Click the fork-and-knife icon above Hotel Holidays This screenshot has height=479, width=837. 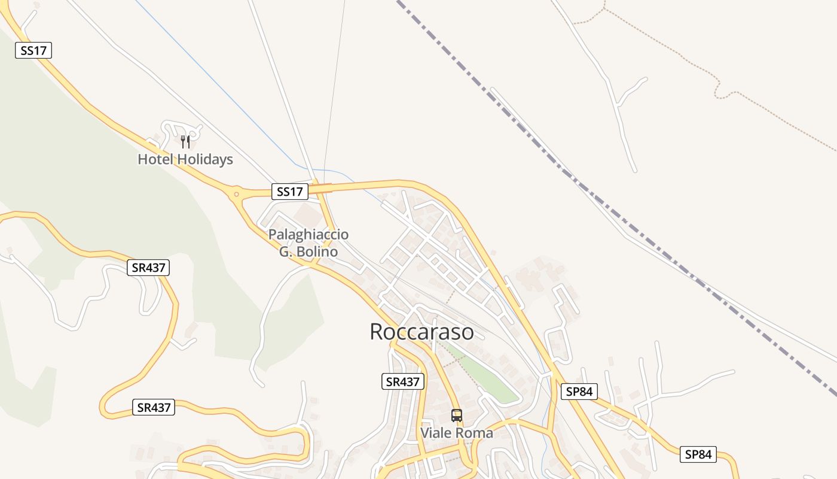coord(185,142)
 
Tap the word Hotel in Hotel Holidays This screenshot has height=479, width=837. coord(155,160)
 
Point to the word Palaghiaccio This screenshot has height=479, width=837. coord(308,234)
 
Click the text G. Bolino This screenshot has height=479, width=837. coord(308,251)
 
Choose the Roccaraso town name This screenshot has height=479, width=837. coord(421,332)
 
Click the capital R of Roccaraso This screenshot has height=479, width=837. coord(377,332)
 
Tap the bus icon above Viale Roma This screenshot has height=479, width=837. coord(457,415)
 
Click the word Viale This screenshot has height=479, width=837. coord(436,433)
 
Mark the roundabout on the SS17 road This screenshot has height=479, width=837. coord(237,193)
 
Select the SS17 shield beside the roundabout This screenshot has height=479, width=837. coord(290,192)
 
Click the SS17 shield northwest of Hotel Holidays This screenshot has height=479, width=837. coord(33,51)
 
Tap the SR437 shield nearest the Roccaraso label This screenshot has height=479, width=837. coord(403,381)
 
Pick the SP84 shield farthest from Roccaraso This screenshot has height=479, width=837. coord(698,454)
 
